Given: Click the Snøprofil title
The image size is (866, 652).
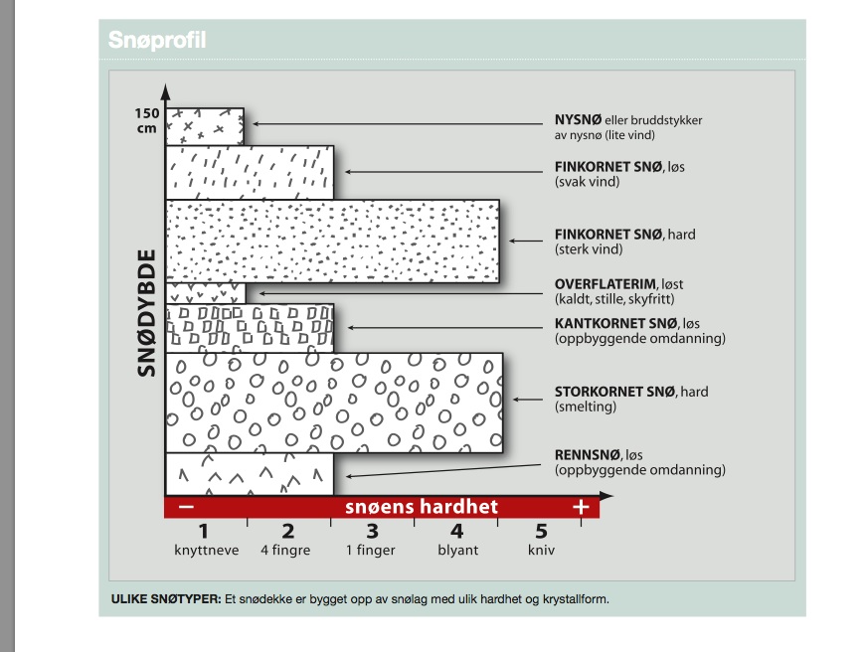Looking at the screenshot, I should (157, 41).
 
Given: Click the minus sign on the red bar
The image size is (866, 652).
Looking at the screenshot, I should (186, 507).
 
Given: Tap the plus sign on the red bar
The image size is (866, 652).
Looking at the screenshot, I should (581, 507).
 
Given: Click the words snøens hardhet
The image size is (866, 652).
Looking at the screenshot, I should (422, 507).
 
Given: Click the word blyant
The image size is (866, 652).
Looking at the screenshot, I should (457, 550).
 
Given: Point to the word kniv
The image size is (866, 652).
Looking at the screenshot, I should (541, 550).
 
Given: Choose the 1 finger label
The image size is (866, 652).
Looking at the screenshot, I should (371, 550).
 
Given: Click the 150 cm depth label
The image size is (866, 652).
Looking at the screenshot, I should (147, 120).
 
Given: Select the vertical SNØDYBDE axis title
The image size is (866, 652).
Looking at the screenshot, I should (148, 311).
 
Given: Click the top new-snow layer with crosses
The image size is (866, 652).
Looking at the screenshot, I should (205, 127).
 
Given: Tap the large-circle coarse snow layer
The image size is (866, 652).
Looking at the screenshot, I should (334, 403).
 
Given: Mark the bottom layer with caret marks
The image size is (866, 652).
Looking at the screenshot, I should (249, 474).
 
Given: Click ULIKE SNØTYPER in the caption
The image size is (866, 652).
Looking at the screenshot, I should (165, 599).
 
